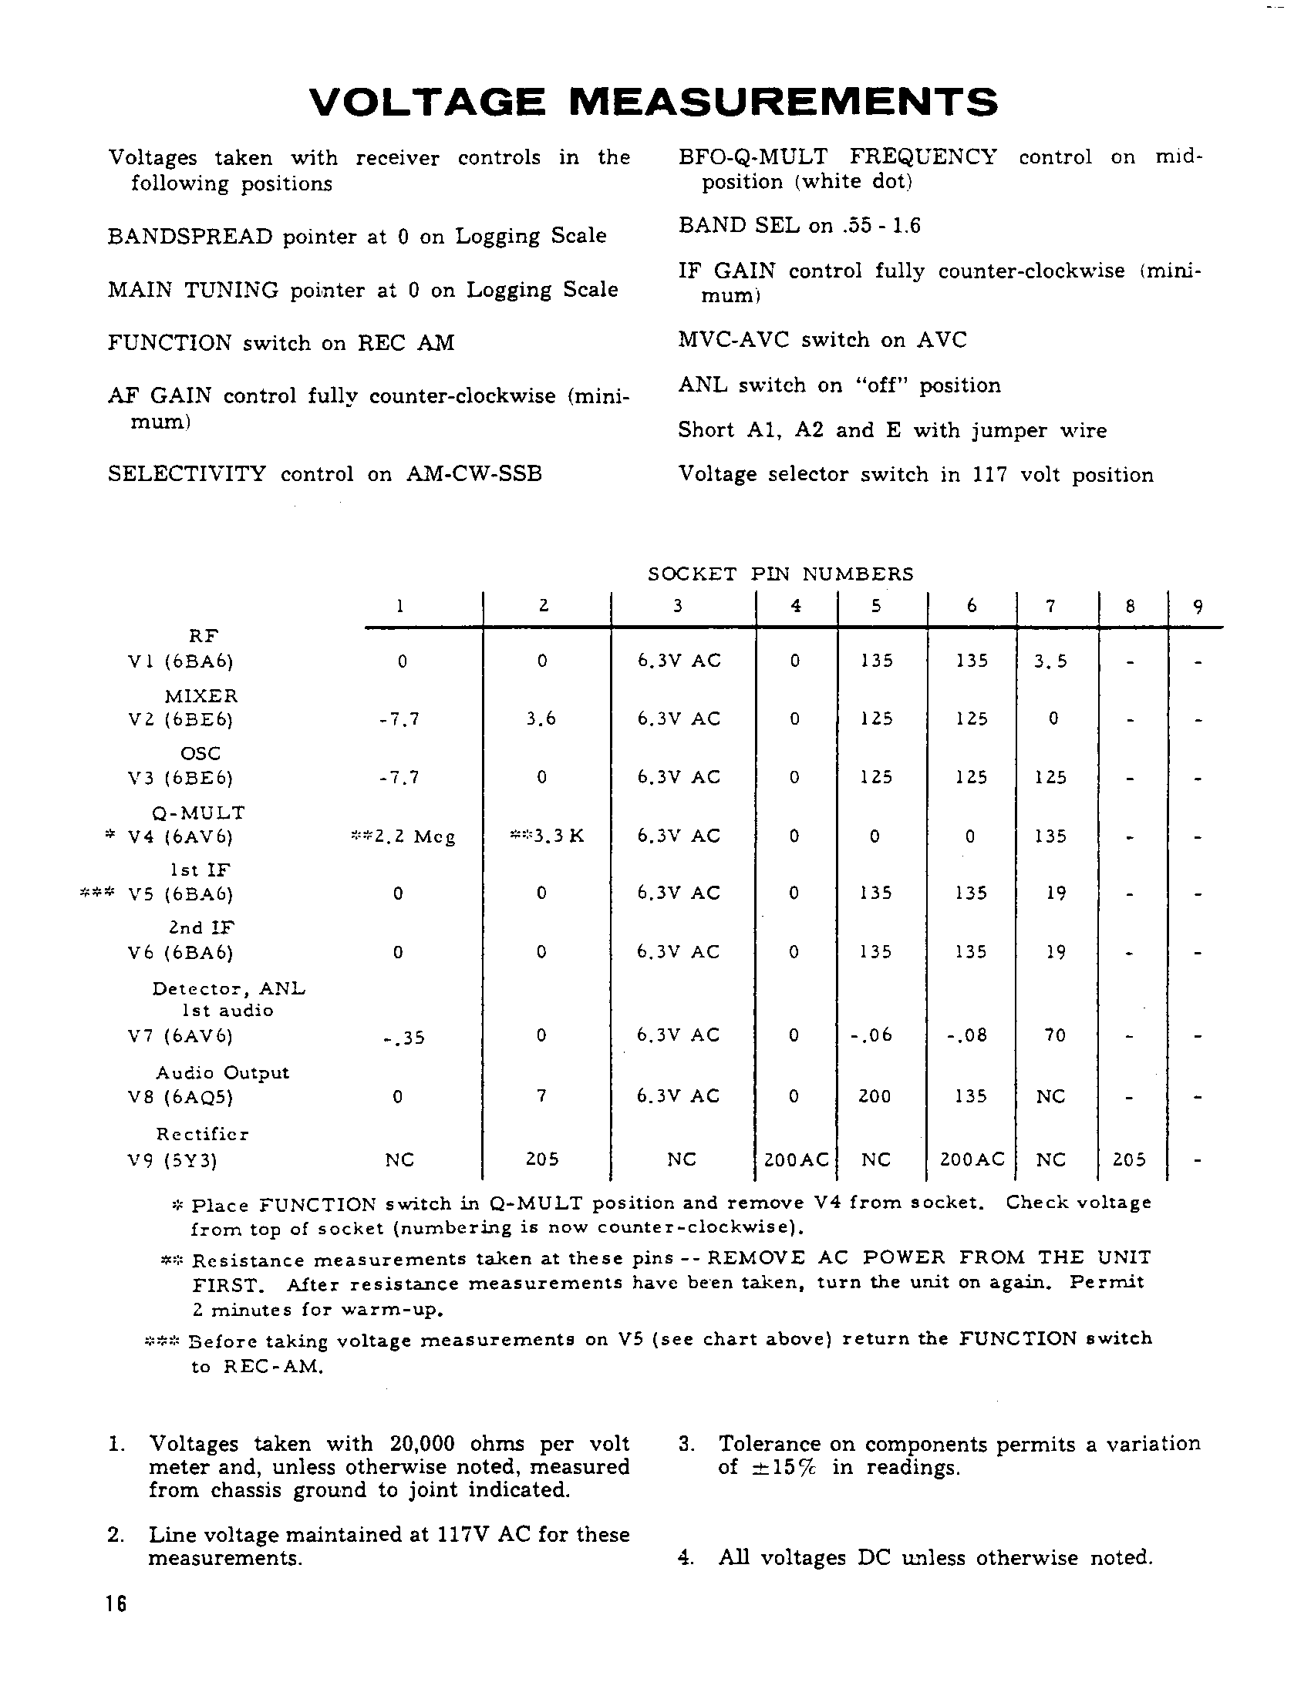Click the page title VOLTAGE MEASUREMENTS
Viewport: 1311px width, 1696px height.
653,102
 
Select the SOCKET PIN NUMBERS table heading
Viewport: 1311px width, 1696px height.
780,574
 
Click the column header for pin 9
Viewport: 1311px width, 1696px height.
1198,607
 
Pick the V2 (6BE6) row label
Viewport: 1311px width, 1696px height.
181,720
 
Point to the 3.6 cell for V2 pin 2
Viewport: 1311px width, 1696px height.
541,719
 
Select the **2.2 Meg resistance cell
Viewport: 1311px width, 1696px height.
403,836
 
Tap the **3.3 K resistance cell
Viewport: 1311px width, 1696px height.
546,836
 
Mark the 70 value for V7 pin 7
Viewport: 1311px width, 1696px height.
1054,1035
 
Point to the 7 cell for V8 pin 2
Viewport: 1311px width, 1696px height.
541,1095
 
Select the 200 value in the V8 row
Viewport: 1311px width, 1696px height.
875,1096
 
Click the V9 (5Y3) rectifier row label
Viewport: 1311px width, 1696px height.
173,1160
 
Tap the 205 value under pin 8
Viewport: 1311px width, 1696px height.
1129,1159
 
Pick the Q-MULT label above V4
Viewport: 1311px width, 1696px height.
199,813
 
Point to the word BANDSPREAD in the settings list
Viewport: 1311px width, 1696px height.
190,236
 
